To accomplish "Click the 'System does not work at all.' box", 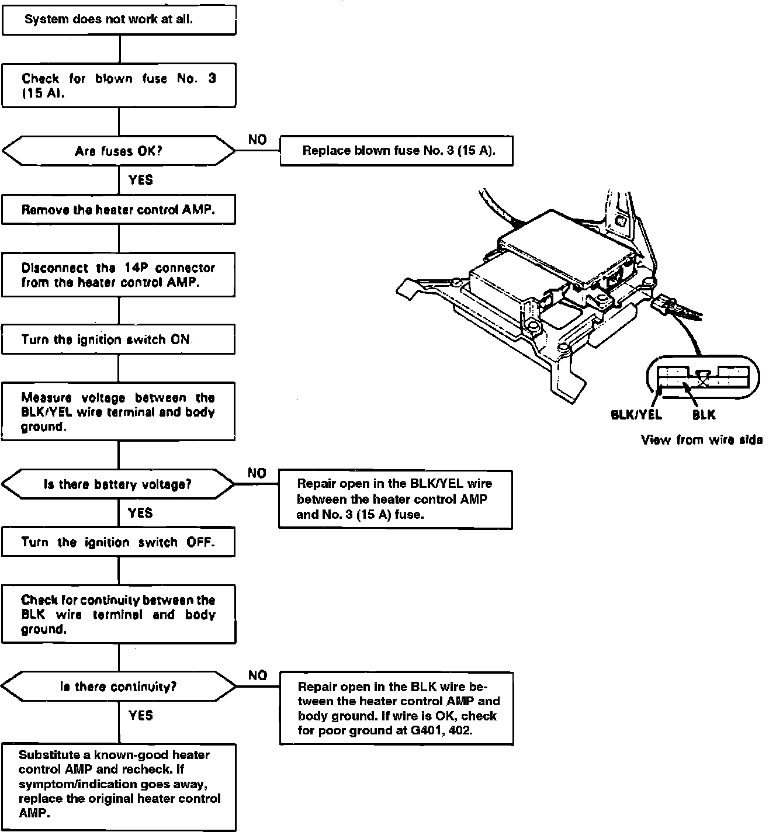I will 119,19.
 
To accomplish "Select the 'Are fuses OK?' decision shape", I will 119,151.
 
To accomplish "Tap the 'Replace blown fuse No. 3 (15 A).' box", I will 397,151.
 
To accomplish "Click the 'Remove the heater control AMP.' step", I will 119,210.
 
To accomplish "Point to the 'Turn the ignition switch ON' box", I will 119,339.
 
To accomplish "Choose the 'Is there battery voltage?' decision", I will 119,484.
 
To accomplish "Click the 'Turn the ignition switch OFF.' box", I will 119,542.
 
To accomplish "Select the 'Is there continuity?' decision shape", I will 119,687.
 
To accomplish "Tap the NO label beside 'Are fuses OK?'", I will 257,140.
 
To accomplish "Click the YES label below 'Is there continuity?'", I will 140,715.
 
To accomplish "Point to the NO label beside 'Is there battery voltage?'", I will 257,473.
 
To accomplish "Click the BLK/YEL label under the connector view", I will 636,415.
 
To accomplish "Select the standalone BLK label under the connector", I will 704,415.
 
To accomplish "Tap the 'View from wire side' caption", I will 701,440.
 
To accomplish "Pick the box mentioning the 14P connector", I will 119,275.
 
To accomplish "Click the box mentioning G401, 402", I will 397,708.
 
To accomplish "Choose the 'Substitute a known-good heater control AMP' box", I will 119,785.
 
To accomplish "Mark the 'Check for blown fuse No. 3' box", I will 119,85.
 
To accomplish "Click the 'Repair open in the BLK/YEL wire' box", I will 396,500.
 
